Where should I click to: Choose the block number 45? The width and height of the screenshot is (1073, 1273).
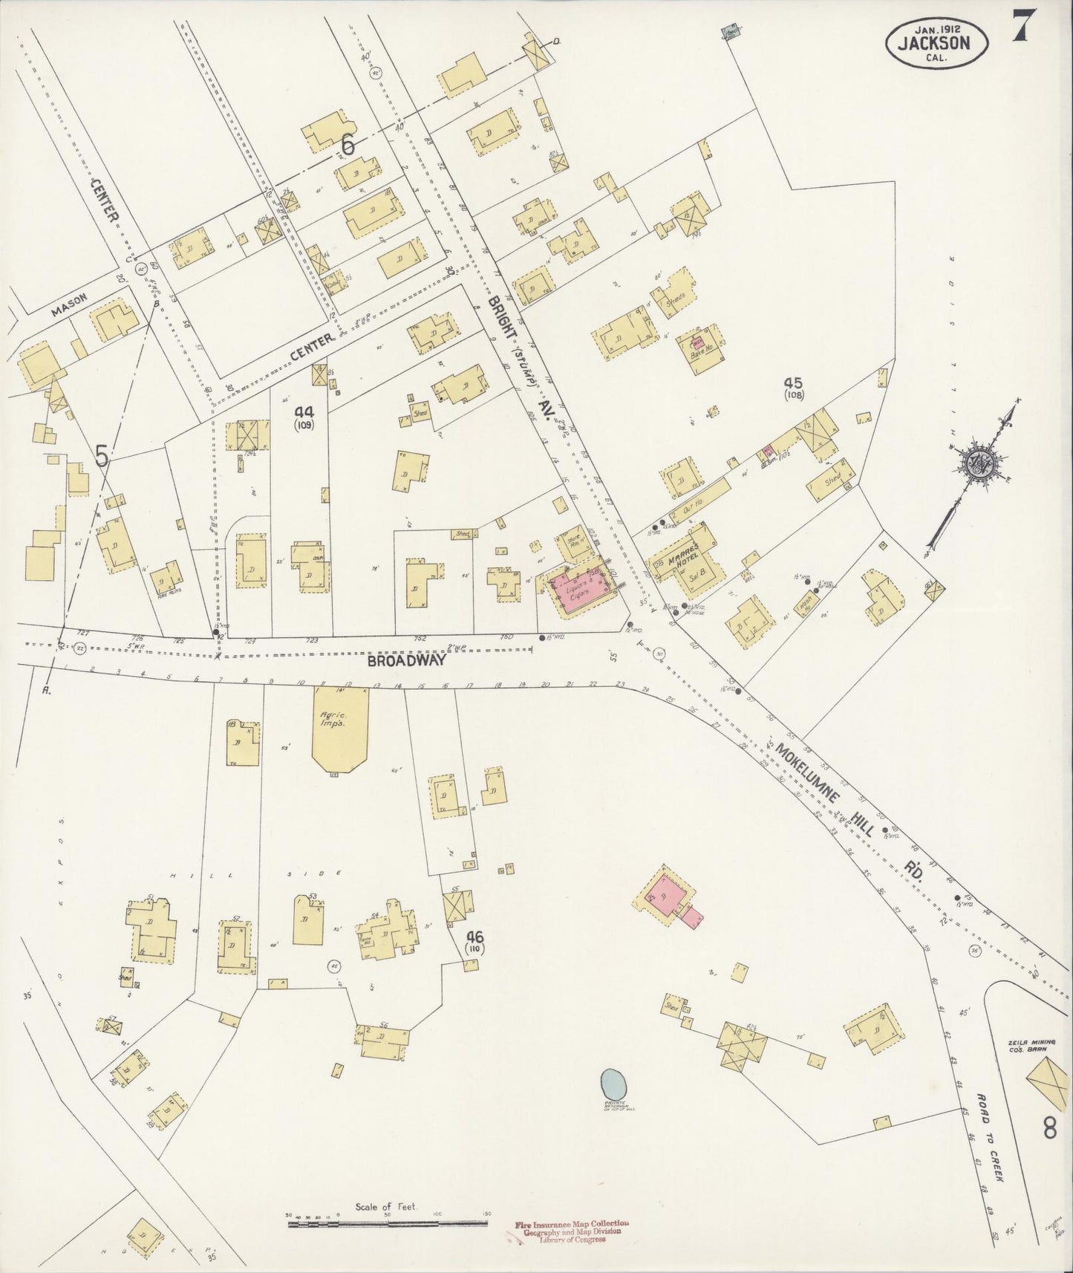pos(793,383)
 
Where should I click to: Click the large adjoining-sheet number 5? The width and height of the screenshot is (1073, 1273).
pos(102,458)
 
